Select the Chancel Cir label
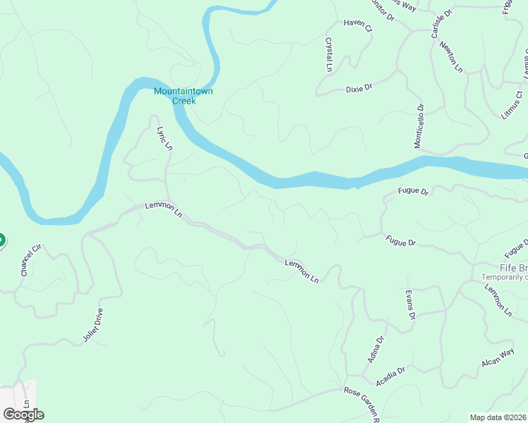click(x=28, y=262)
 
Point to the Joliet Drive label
click(x=93, y=325)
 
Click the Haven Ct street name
click(x=357, y=25)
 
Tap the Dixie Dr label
click(x=359, y=89)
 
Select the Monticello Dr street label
click(x=419, y=126)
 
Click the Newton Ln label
click(x=450, y=56)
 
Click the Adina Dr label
click(x=376, y=350)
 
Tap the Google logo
click(x=23, y=414)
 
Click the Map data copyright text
click(x=498, y=417)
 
